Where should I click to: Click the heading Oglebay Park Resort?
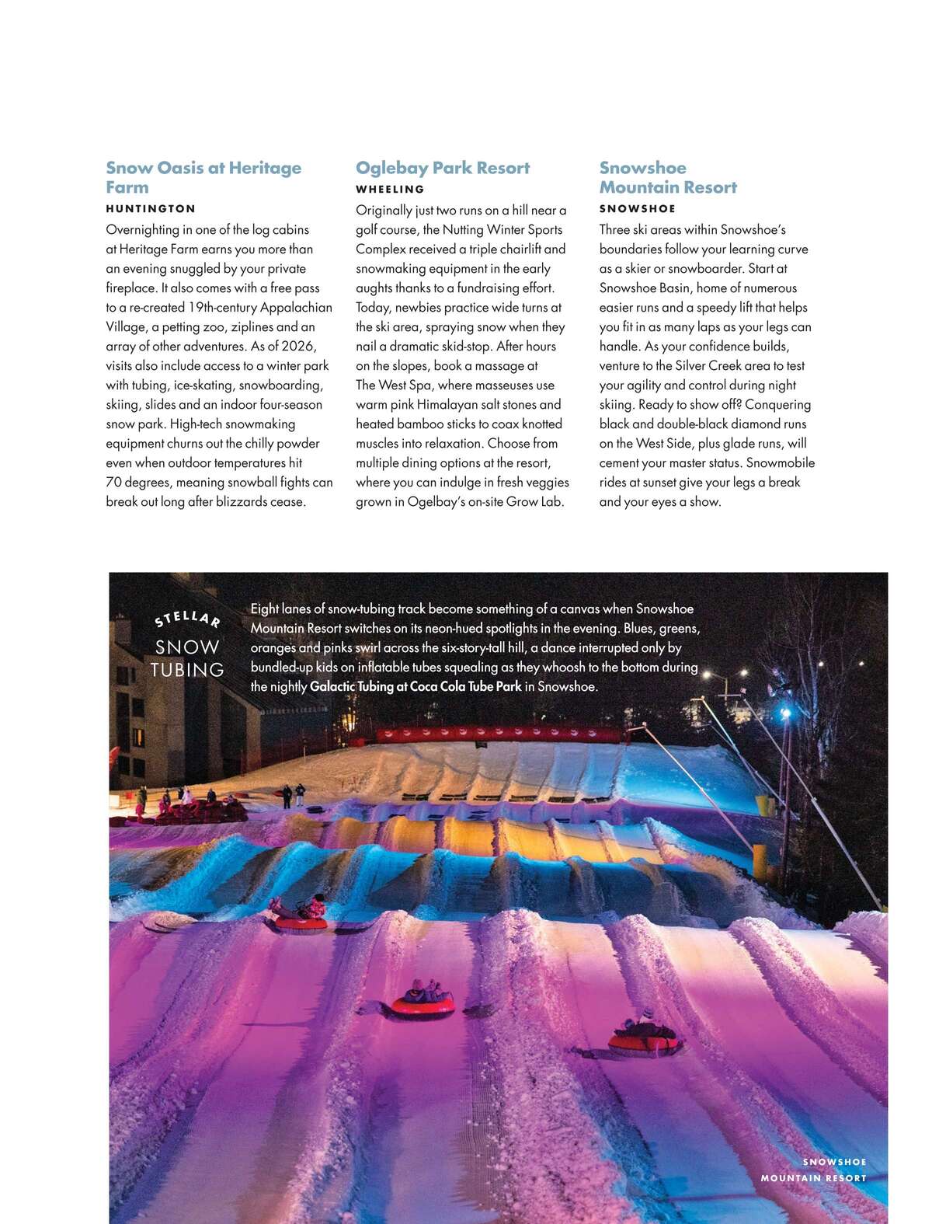click(x=442, y=168)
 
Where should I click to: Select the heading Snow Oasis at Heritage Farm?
click(x=203, y=177)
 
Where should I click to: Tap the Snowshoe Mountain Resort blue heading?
click(x=667, y=177)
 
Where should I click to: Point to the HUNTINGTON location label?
click(x=151, y=208)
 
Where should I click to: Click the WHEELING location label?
click(x=390, y=189)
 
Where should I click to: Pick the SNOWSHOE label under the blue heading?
click(x=637, y=208)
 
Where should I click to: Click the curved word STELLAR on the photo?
click(x=187, y=619)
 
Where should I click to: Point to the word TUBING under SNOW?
click(x=187, y=669)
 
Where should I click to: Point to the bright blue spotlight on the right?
click(x=784, y=712)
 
